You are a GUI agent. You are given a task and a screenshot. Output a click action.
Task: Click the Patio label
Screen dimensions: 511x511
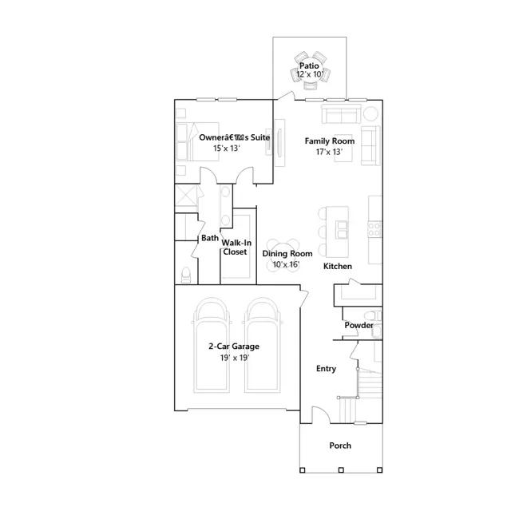[309, 65]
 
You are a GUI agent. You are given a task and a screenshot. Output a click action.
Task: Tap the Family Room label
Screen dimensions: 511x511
[330, 141]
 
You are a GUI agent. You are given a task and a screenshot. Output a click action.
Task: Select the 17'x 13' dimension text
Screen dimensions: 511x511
[329, 152]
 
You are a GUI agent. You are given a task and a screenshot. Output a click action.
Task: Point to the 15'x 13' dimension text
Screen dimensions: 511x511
[227, 149]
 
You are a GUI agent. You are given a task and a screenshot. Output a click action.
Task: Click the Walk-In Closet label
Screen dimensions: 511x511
[236, 248]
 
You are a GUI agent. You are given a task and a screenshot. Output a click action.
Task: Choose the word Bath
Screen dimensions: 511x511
[210, 238]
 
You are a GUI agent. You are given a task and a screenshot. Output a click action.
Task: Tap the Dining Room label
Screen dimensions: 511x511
[287, 254]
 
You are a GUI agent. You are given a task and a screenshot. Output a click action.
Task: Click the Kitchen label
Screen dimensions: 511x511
[338, 266]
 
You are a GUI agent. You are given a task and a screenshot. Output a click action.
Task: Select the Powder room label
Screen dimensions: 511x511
[358, 325]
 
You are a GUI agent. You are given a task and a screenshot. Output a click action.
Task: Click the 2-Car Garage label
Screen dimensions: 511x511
[234, 346]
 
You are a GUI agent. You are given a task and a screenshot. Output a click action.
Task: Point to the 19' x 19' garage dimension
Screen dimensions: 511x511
[235, 358]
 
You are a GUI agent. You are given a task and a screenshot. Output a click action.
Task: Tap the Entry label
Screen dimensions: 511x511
[326, 369]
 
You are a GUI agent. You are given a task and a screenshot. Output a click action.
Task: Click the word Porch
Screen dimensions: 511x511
[340, 446]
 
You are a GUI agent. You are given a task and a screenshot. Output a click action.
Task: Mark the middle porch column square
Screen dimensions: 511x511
[341, 470]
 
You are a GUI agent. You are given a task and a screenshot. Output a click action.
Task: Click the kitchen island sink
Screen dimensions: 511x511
[342, 229]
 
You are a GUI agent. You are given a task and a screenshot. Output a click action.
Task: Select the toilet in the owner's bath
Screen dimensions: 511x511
[186, 275]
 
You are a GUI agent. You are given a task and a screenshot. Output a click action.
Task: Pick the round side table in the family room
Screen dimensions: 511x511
[370, 113]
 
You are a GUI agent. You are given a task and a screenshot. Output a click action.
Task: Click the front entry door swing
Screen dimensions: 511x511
[321, 415]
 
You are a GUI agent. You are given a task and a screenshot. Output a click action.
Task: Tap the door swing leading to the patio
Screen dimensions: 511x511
[286, 96]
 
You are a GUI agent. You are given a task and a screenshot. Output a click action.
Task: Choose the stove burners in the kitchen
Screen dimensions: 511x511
[374, 229]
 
